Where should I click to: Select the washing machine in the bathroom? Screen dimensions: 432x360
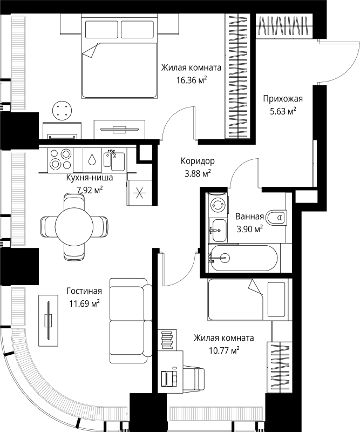pyautogui.click(x=218, y=205)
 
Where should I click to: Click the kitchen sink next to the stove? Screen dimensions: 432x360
pyautogui.click(x=114, y=160)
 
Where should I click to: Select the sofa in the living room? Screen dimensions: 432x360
pyautogui.click(x=128, y=320)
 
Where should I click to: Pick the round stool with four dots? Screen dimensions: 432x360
pyautogui.click(x=62, y=111)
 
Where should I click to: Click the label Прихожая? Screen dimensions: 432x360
pyautogui.click(x=283, y=98)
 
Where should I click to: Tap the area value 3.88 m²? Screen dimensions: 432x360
pyautogui.click(x=198, y=173)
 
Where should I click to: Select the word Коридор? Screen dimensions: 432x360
pyautogui.click(x=198, y=161)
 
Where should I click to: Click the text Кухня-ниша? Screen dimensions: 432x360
pyautogui.click(x=89, y=178)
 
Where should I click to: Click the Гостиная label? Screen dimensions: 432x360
pyautogui.click(x=84, y=291)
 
